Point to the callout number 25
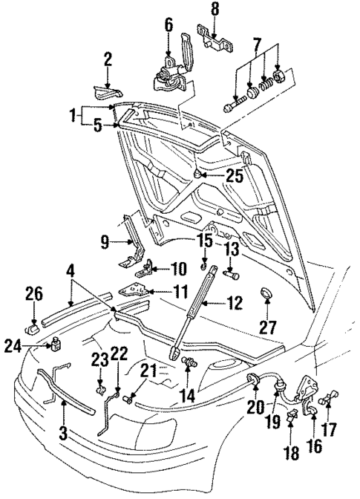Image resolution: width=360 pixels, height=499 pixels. [235, 177]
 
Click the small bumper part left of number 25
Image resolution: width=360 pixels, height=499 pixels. [197, 175]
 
